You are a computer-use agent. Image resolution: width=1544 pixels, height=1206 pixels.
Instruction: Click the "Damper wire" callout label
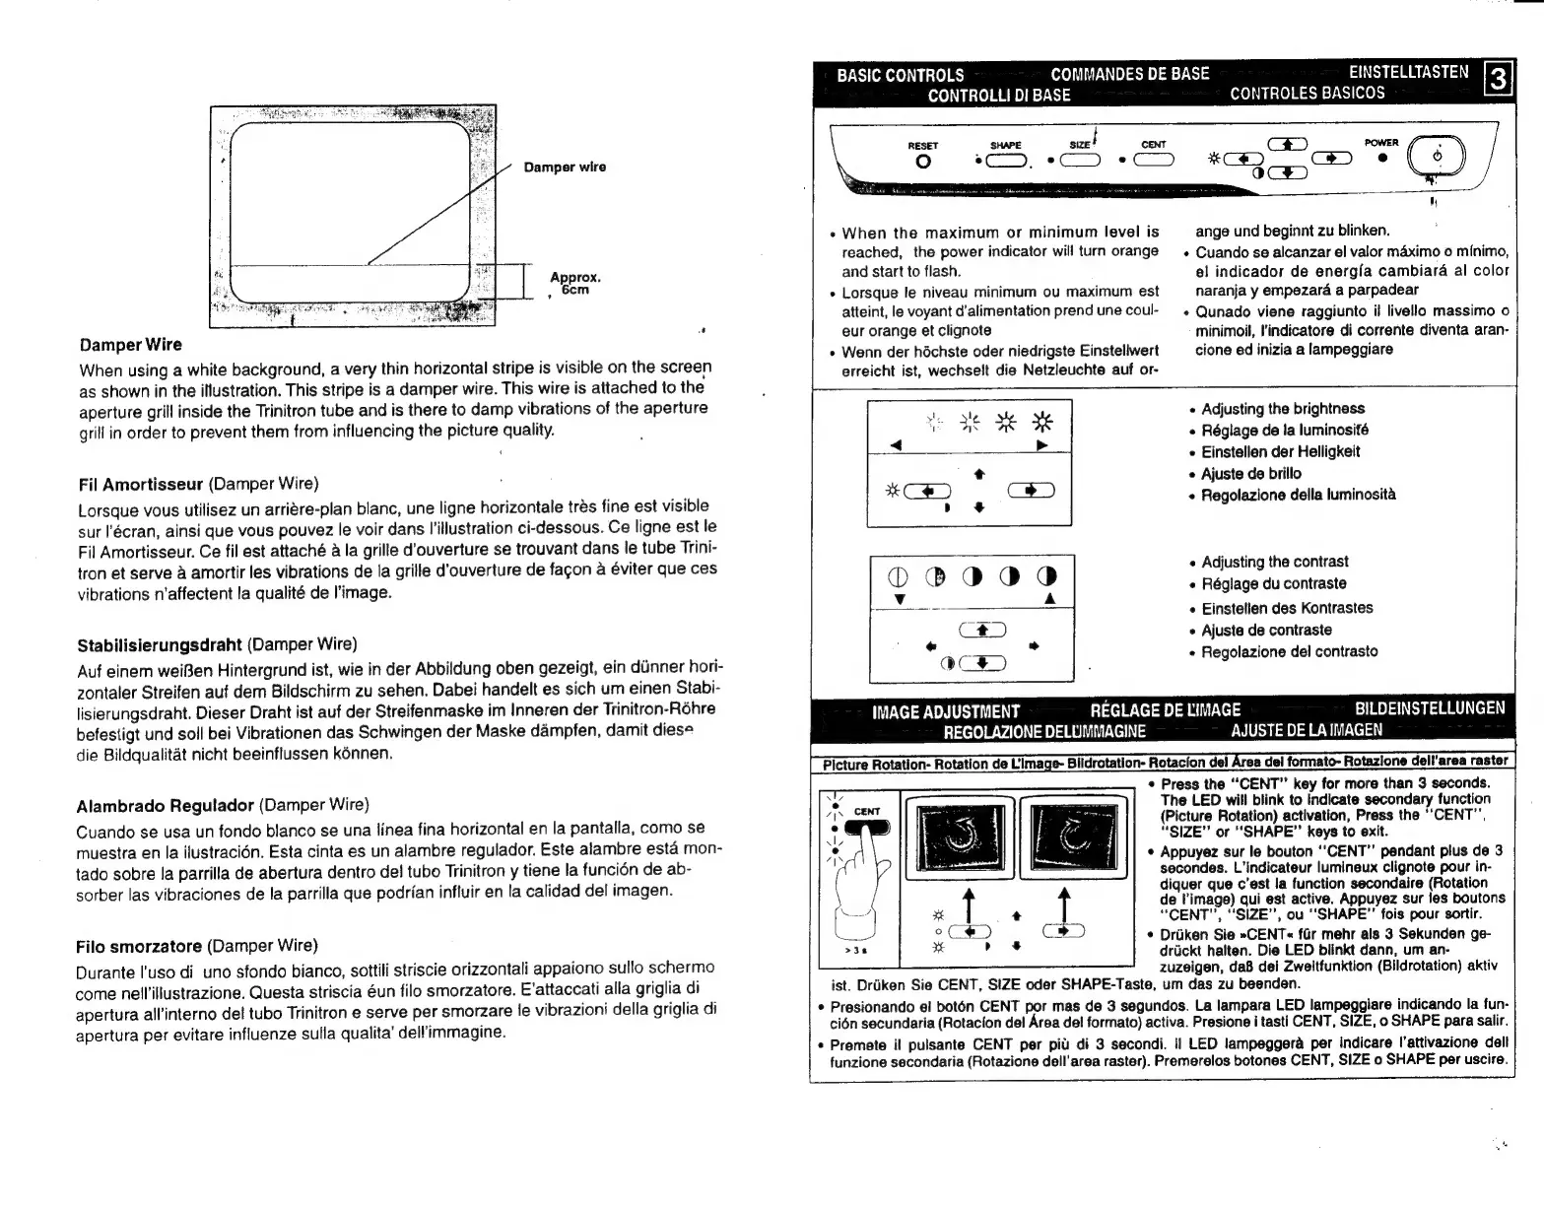coord(565,167)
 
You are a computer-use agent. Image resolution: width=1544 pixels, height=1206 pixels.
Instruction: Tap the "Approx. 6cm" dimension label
coord(575,284)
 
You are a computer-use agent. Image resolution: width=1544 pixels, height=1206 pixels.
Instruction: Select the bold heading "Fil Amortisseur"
coord(140,485)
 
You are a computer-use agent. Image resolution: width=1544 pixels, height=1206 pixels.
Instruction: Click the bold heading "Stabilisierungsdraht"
coord(160,645)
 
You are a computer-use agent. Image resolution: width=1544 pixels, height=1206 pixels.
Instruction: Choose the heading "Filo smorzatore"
coord(139,947)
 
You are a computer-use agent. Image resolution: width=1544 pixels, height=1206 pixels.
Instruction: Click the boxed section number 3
coord(1497,77)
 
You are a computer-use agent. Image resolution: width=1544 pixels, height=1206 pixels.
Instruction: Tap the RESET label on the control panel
coord(922,146)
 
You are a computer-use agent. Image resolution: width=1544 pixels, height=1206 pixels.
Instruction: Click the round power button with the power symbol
coord(1438,157)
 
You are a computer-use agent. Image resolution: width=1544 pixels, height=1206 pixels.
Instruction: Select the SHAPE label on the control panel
coord(1006,146)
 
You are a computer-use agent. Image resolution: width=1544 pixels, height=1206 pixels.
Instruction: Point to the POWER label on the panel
coord(1381,143)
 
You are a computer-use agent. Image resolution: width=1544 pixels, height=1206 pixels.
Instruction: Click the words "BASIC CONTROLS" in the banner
coord(900,75)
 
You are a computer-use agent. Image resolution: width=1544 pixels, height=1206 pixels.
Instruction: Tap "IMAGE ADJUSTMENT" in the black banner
coord(946,711)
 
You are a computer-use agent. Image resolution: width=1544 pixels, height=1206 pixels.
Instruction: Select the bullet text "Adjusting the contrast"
coord(1274,562)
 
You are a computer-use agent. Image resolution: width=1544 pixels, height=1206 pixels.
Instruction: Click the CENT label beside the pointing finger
coord(867,812)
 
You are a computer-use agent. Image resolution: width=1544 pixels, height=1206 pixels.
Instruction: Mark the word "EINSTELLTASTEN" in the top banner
coord(1408,72)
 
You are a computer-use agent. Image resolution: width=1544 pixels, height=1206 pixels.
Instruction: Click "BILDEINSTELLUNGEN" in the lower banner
coord(1430,708)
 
